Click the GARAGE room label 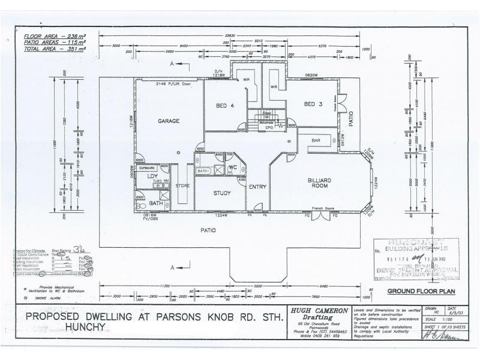(169, 121)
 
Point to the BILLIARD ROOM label (320, 183)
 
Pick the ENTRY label (257, 187)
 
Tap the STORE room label (182, 186)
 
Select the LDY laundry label (144, 176)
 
